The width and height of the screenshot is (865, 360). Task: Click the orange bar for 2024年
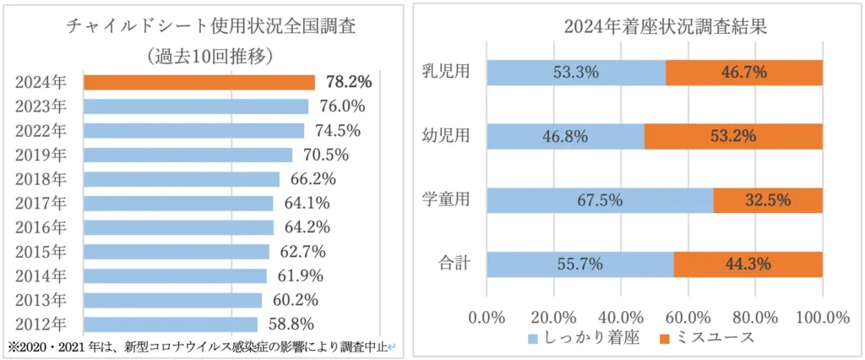[199, 82]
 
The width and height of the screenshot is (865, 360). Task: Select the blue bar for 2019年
[188, 155]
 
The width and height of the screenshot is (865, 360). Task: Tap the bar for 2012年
[170, 324]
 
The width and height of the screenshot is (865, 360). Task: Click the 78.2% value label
[348, 82]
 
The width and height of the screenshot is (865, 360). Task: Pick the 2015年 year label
[41, 252]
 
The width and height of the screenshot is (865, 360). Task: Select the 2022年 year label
[41, 130]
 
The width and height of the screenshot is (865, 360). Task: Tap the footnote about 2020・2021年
[203, 346]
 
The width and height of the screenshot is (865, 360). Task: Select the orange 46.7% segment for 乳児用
[744, 72]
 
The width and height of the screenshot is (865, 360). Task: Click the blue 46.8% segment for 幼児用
[566, 136]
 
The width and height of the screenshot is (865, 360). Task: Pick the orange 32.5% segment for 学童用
[768, 200]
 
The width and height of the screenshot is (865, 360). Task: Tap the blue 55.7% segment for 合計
[580, 264]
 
